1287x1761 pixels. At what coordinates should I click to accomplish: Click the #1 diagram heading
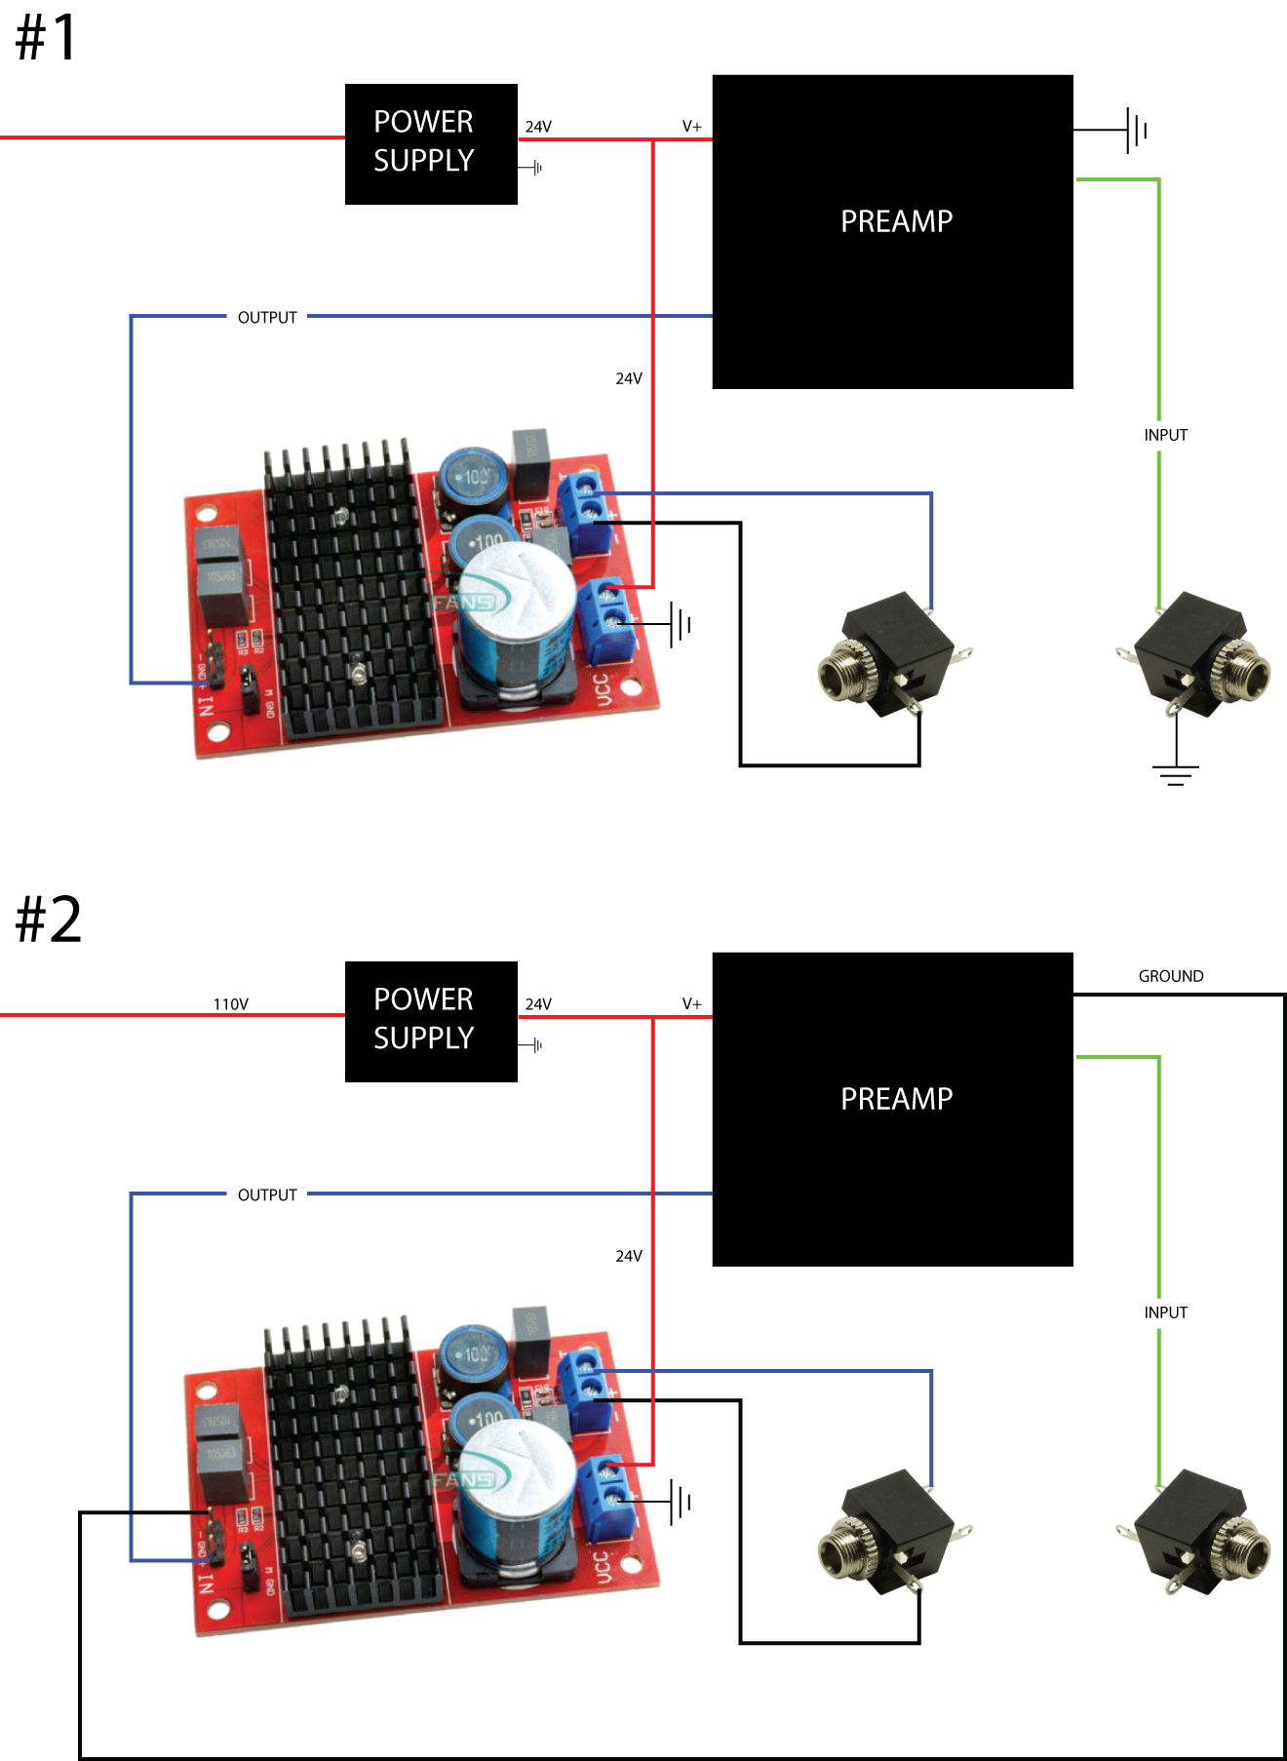coord(46,39)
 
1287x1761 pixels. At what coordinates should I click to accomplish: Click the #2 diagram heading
coord(48,919)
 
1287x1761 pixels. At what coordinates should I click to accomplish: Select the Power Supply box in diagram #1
coord(431,143)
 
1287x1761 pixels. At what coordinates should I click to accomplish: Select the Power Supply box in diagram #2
coord(431,1021)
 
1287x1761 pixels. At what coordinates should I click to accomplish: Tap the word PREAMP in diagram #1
coord(896,221)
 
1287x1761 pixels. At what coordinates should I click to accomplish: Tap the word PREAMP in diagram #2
coord(896,1099)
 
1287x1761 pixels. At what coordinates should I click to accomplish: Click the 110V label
coord(231,1004)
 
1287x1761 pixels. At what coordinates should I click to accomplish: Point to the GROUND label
coord(1170,976)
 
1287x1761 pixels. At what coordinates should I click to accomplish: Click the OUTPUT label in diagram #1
coord(267,318)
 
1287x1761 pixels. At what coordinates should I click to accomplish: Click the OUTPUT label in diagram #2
coord(267,1195)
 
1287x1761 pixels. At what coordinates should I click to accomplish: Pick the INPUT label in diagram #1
coord(1165,435)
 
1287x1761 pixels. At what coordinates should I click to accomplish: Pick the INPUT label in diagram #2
coord(1165,1312)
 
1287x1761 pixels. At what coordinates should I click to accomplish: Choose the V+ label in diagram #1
coord(691,127)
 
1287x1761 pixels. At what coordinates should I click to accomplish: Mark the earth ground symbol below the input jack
coord(1175,774)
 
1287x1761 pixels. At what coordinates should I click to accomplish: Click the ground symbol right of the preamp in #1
coord(1136,130)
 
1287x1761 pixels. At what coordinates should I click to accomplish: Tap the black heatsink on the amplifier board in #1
coord(351,595)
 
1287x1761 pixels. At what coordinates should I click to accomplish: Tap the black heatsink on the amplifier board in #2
coord(351,1472)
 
